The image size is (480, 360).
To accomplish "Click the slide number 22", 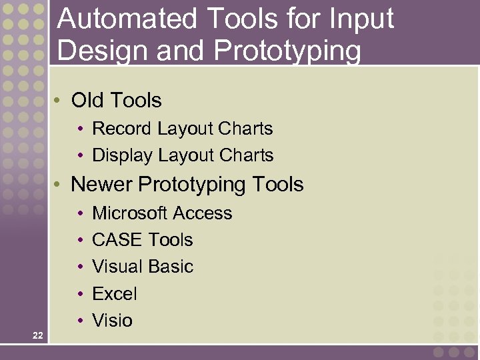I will (x=37, y=335).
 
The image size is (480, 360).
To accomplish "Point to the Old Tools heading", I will (x=116, y=101).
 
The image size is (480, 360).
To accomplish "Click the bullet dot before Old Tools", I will (x=59, y=101).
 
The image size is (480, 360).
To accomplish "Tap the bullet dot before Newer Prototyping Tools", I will (x=59, y=184).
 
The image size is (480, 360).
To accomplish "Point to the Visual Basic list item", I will (x=142, y=267).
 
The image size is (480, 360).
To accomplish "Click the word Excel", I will (x=114, y=294).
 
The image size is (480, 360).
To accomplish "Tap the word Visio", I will (x=112, y=321).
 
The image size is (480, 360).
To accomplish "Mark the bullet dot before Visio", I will (x=79, y=321).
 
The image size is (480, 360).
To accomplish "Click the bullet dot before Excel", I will (x=79, y=294).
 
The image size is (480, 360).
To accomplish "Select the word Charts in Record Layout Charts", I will (x=246, y=128).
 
